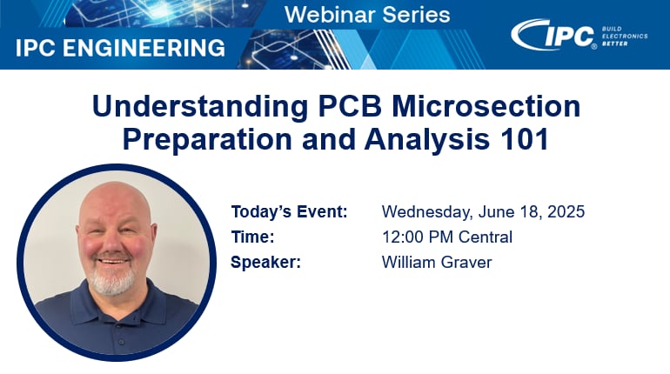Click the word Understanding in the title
tap(181, 106)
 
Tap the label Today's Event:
tap(289, 212)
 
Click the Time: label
tap(252, 237)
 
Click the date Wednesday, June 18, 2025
tap(483, 212)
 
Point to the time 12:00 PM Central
tap(447, 237)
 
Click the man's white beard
tap(112, 282)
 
